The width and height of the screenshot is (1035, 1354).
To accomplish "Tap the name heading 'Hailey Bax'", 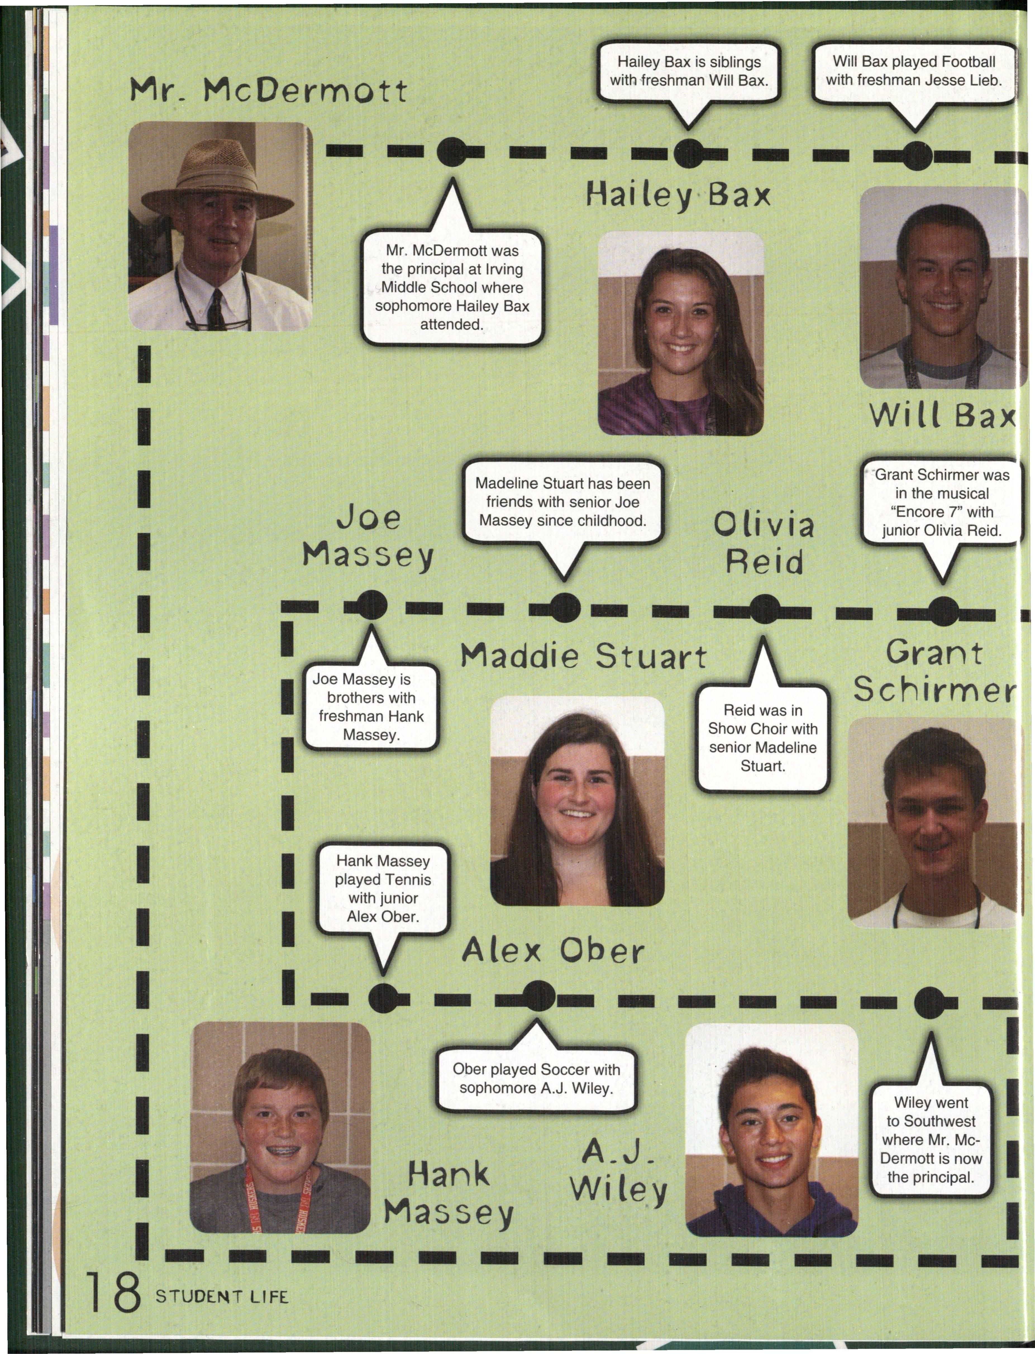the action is [678, 196].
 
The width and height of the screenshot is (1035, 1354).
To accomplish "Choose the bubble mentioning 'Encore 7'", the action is [941, 503].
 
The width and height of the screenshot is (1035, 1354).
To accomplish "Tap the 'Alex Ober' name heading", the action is [553, 951].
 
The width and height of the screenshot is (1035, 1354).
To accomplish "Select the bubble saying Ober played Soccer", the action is [536, 1079].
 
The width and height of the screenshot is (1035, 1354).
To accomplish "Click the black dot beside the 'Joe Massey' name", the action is [371, 605].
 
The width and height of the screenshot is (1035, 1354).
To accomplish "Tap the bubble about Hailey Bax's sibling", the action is [689, 71].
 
